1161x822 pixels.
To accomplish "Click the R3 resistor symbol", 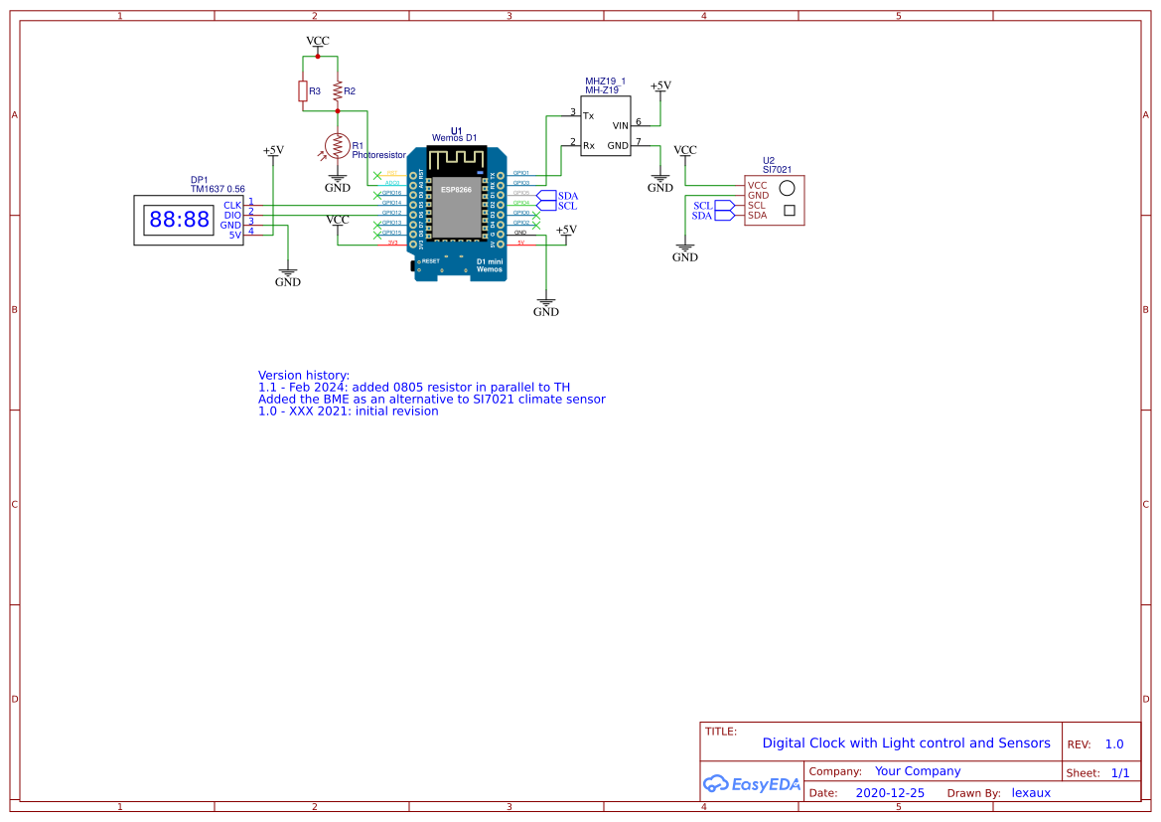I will click(303, 91).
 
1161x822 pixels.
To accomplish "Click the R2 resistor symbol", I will click(338, 91).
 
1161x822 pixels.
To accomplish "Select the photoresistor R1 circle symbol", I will click(338, 146).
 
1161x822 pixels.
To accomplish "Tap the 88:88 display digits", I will click(179, 220).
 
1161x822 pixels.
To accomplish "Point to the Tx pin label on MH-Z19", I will click(588, 116).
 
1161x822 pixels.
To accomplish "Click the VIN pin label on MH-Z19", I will click(621, 125).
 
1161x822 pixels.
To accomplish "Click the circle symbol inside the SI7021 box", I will click(788, 188).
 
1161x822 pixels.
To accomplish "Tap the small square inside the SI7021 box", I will click(790, 210).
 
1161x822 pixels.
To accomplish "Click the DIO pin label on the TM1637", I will click(232, 215).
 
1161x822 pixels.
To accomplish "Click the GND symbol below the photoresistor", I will click(338, 185).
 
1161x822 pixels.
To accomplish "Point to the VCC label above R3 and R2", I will click(318, 41).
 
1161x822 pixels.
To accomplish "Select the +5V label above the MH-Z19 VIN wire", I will click(660, 85).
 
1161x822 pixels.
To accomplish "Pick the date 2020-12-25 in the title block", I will click(890, 793).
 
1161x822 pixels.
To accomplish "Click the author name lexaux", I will click(1031, 793).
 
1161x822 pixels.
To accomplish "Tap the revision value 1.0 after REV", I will click(1114, 744).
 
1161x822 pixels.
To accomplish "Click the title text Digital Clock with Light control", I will click(906, 743).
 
